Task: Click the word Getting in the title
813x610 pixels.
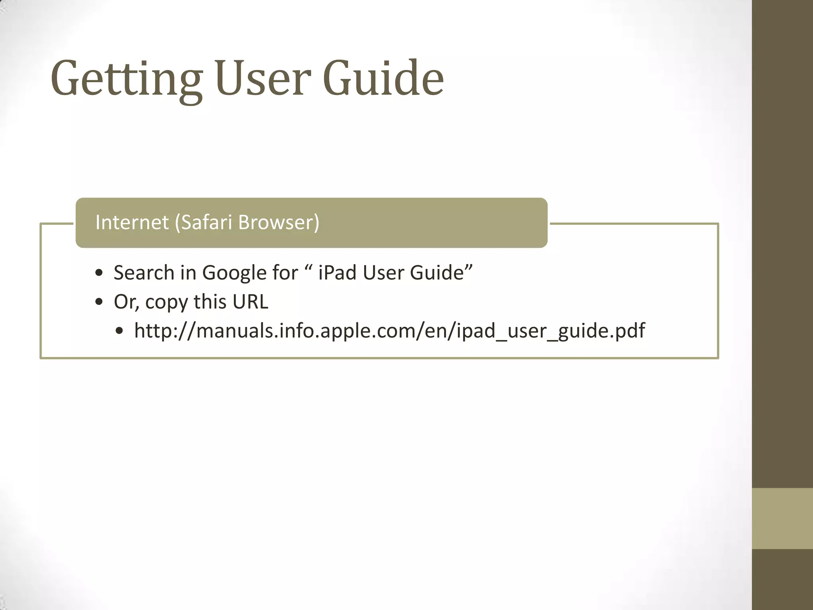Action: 126,79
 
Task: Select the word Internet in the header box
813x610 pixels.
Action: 132,222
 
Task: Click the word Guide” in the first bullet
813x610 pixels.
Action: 441,273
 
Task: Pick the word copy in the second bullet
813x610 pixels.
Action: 166,302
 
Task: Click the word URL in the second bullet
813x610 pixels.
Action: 250,301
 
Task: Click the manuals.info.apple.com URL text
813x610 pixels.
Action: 389,331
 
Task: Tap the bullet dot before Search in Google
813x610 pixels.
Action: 99,273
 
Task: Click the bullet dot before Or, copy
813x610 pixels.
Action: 99,302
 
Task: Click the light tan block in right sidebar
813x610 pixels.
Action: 782,518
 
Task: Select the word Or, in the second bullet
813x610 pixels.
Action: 126,302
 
